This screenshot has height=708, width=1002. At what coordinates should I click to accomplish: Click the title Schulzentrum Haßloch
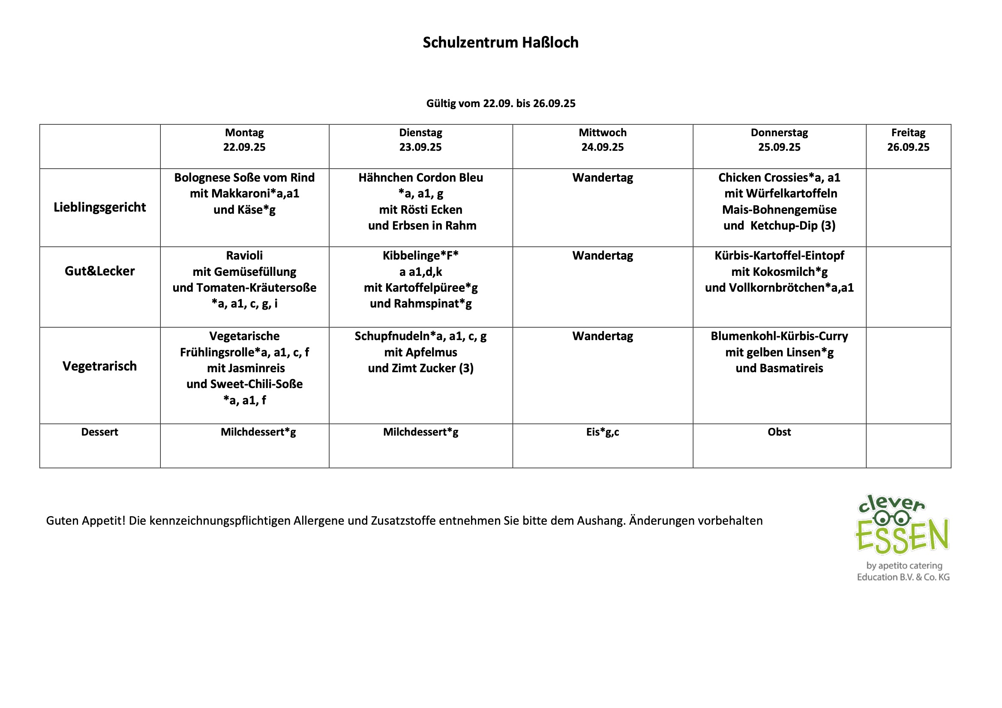click(x=501, y=42)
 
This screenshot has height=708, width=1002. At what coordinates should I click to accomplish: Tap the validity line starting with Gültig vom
click(x=501, y=103)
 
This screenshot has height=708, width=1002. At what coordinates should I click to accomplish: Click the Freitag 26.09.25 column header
click(x=908, y=140)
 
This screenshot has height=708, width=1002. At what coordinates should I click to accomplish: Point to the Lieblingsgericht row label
click(x=99, y=207)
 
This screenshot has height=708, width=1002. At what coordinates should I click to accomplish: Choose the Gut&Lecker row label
click(x=99, y=271)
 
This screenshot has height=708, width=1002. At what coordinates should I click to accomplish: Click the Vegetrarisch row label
click(x=99, y=366)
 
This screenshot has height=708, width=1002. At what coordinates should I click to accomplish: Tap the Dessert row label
click(x=99, y=432)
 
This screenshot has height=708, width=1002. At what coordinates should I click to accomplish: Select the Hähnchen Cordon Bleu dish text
click(x=421, y=178)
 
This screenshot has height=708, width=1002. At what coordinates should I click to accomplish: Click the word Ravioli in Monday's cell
click(x=244, y=256)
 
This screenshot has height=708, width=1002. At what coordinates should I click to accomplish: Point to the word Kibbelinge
click(x=411, y=256)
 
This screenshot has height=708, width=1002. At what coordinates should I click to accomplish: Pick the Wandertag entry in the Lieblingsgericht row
click(x=603, y=178)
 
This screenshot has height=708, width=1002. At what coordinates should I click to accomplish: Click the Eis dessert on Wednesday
click(x=602, y=432)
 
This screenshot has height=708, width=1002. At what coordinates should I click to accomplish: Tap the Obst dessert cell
click(x=779, y=432)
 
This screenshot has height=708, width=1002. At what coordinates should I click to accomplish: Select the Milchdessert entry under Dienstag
click(x=421, y=432)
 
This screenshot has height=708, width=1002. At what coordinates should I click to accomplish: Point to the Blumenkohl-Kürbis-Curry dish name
click(x=779, y=336)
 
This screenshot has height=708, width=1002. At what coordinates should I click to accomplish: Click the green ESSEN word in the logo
click(x=902, y=537)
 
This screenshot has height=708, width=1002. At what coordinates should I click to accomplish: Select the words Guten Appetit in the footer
click(x=86, y=521)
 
